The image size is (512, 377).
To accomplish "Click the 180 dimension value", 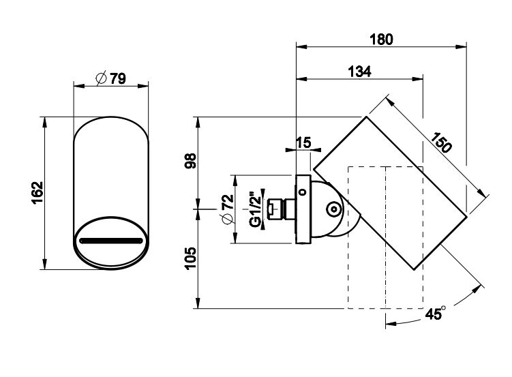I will click(381, 39).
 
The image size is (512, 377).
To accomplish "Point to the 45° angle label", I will click(434, 314).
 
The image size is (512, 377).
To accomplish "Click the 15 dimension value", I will click(304, 143).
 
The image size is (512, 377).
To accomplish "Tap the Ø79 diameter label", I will click(110, 78).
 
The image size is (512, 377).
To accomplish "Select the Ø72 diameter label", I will click(228, 209).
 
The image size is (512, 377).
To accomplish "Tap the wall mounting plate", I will click(302, 209).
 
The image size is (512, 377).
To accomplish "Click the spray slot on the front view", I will click(110, 241).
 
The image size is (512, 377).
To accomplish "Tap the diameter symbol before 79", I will click(100, 78).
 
